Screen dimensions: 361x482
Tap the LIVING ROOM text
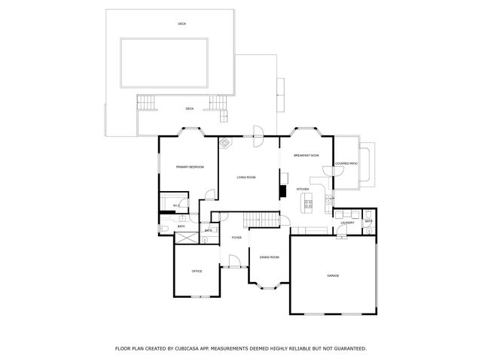(x=246, y=177)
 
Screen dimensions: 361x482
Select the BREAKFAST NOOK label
(x=307, y=155)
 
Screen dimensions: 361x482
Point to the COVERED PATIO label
(x=346, y=162)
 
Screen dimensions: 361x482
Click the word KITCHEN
(x=303, y=189)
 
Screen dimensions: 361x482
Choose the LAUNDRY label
(x=347, y=223)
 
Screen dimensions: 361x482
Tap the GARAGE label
(x=333, y=276)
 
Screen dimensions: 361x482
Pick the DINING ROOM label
(x=270, y=258)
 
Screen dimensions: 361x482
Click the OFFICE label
(x=197, y=271)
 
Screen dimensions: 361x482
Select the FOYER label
(x=236, y=238)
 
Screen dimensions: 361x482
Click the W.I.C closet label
(x=175, y=206)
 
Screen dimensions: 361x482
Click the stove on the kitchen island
(x=307, y=202)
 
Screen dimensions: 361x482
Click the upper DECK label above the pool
(x=182, y=24)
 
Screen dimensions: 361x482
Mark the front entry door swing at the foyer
(x=234, y=262)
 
